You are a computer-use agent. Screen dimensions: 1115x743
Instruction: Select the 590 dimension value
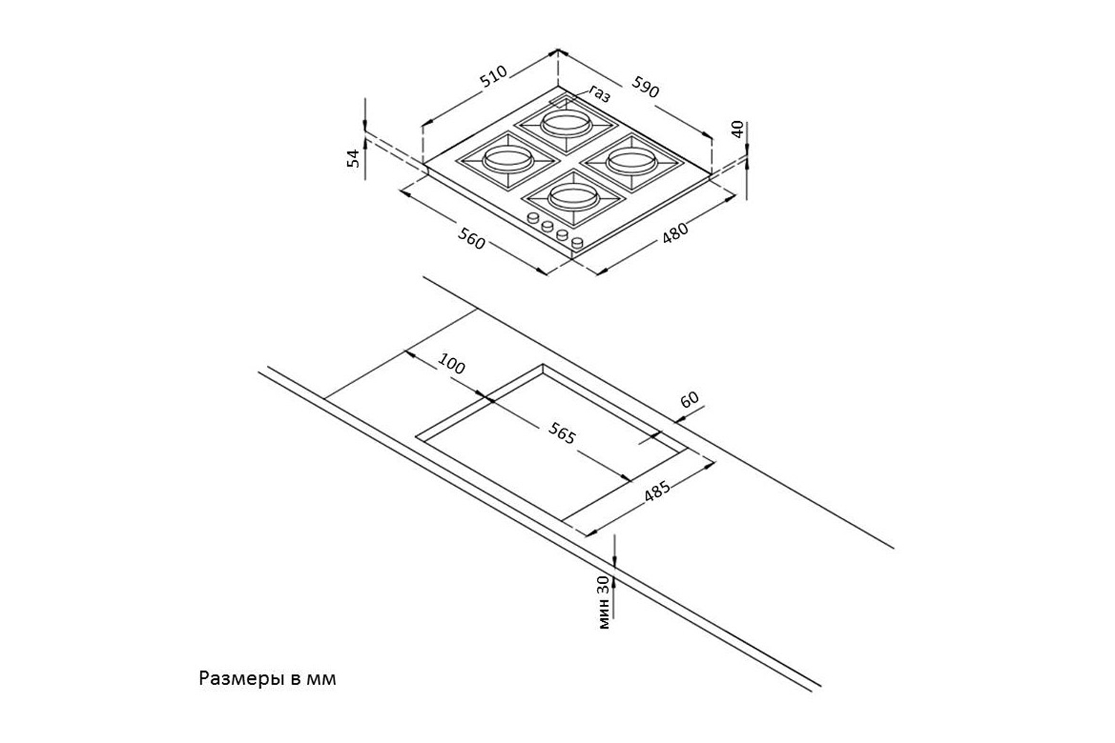click(646, 87)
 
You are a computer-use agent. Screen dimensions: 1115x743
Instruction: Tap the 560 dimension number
click(471, 239)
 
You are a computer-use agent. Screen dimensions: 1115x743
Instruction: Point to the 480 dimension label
click(675, 232)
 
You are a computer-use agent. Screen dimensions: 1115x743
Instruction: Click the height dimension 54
click(353, 158)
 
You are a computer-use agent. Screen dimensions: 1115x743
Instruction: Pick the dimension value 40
click(738, 129)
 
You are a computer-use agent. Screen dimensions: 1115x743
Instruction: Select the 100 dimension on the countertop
click(451, 364)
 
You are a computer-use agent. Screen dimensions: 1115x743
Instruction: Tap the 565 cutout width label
click(562, 433)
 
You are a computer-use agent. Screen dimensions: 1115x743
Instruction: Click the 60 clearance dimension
click(690, 399)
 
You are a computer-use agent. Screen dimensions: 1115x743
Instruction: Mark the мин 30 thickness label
click(604, 602)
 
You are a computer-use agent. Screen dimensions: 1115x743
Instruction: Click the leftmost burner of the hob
click(508, 160)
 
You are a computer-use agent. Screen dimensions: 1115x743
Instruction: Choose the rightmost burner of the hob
click(632, 162)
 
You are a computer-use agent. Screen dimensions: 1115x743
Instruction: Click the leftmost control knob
click(533, 218)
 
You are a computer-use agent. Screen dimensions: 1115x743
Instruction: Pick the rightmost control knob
click(578, 244)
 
